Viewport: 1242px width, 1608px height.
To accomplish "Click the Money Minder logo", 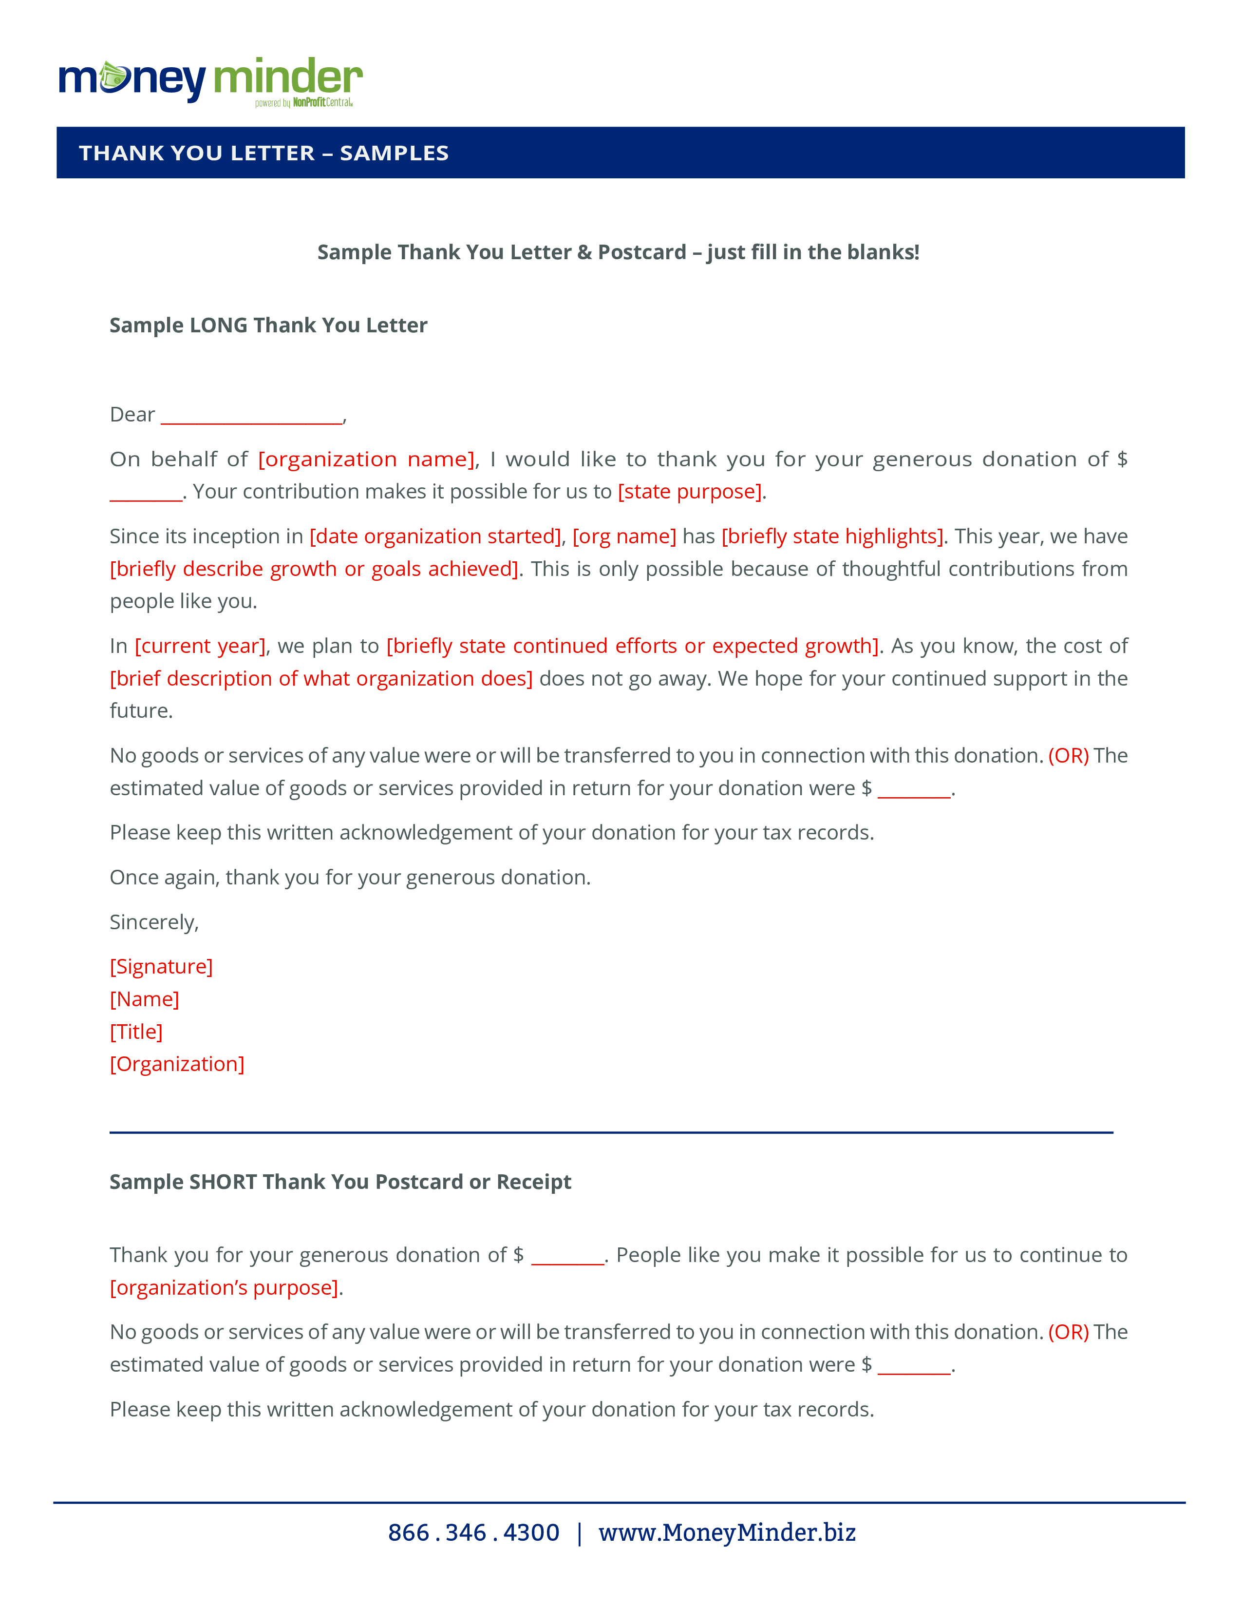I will tap(210, 81).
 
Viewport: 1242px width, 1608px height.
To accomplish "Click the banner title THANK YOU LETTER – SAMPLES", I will tap(263, 153).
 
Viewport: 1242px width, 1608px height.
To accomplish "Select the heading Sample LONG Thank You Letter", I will tap(268, 325).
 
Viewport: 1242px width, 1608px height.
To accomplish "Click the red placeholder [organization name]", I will tap(366, 459).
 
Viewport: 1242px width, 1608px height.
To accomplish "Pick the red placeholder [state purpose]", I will tap(689, 492).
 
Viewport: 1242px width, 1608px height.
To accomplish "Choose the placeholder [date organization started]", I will tap(435, 537).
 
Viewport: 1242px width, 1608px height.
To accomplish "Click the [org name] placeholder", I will tap(624, 537).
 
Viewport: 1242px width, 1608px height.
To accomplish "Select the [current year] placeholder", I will tap(200, 647).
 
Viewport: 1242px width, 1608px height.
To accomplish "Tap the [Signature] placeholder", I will tap(161, 967).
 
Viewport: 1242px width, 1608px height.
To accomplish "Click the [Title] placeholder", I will tap(136, 1032).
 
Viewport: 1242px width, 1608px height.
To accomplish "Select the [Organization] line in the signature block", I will tap(177, 1065).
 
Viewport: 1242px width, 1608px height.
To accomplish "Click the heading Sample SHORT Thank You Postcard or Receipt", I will tap(340, 1183).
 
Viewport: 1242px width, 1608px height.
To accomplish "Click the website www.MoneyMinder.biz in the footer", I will tap(727, 1533).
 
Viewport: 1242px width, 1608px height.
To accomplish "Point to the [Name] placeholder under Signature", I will tap(144, 1000).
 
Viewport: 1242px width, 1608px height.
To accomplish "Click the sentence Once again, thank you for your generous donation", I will tap(350, 878).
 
